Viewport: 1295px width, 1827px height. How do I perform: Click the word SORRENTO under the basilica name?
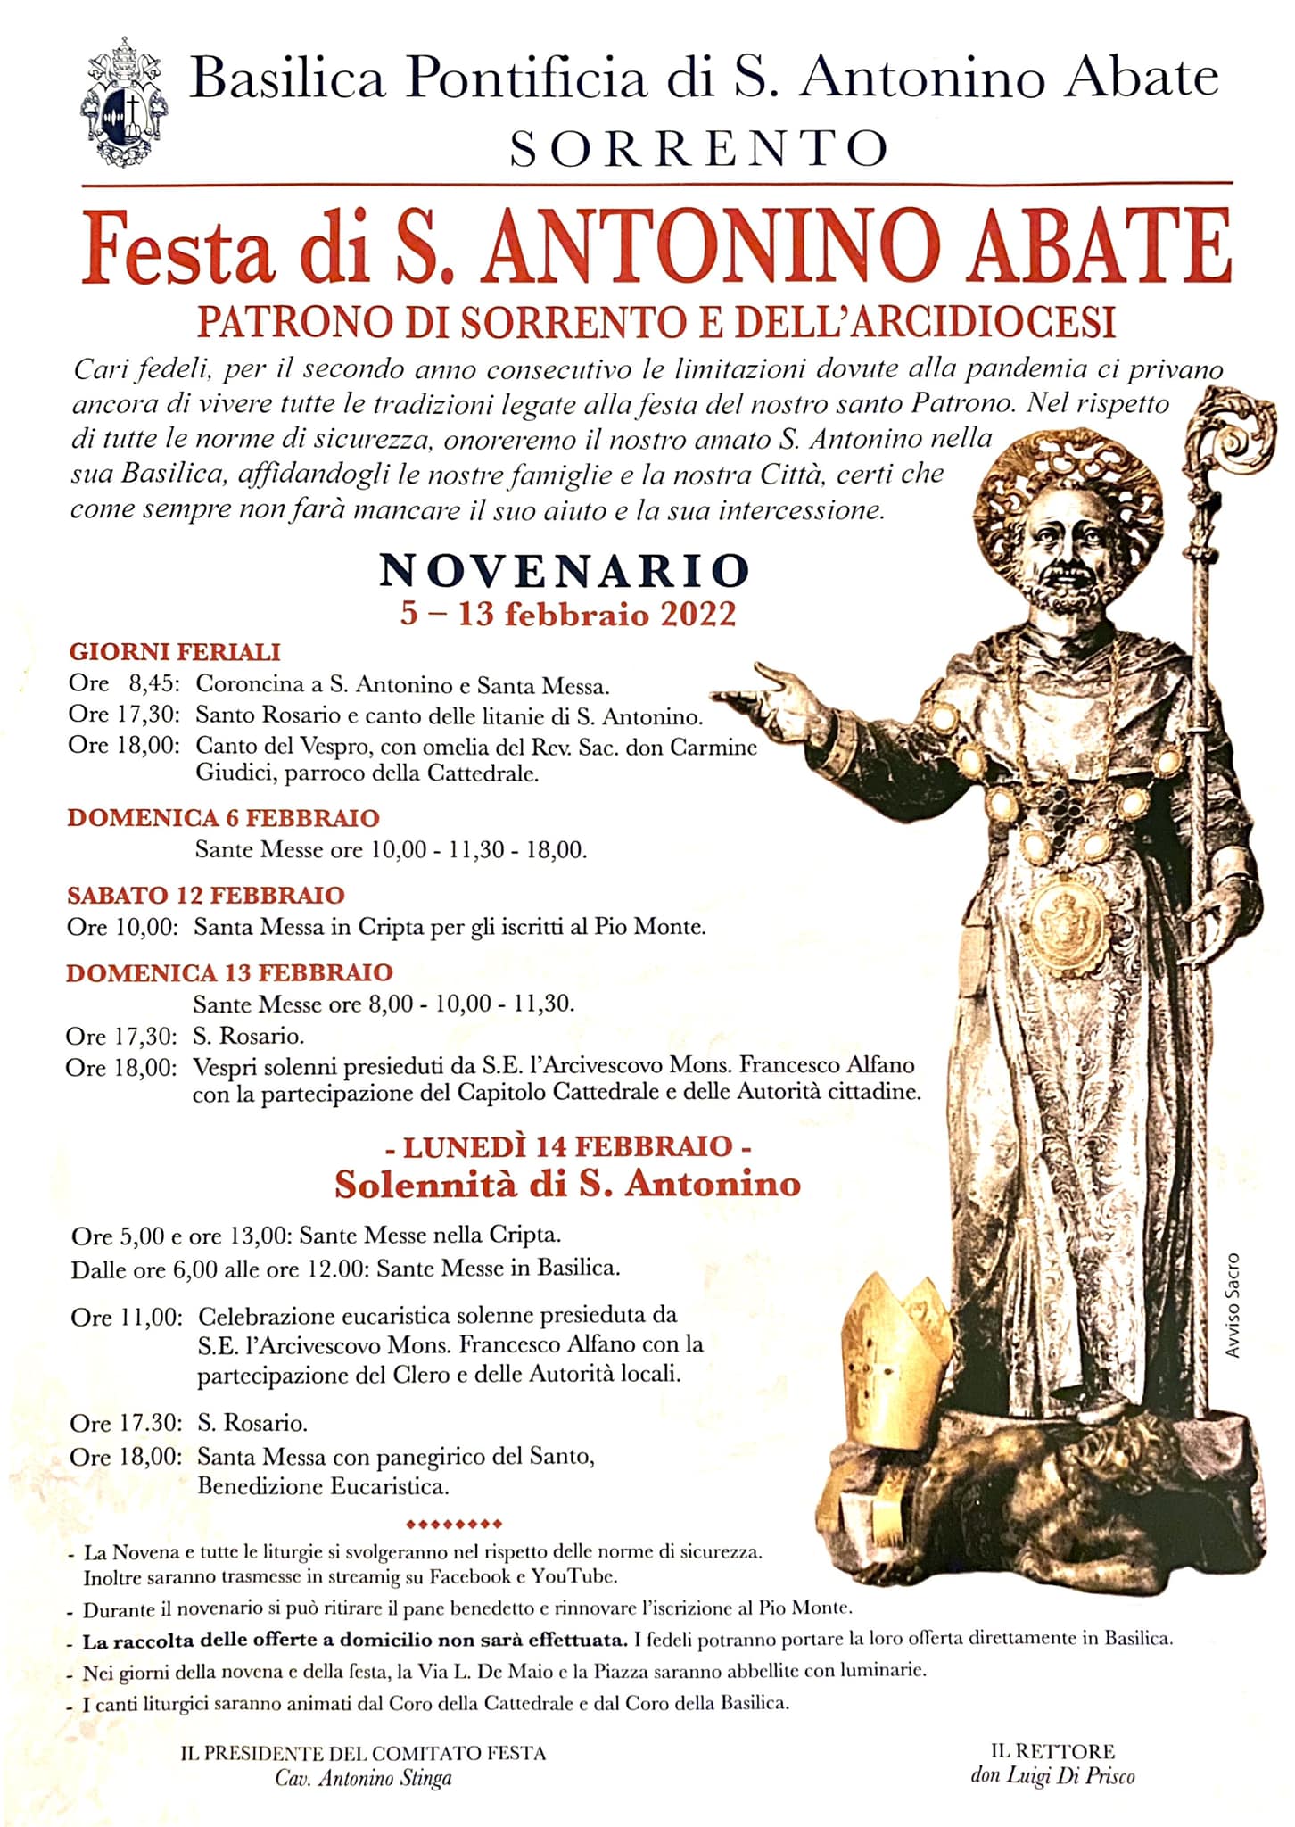click(x=699, y=149)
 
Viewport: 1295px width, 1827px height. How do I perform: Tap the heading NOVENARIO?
click(x=564, y=571)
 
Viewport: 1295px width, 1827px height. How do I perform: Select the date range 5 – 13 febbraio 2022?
click(x=568, y=614)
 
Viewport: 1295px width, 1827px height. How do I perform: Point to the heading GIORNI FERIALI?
click(x=175, y=652)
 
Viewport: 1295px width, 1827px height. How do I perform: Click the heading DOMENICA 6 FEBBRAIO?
click(x=223, y=817)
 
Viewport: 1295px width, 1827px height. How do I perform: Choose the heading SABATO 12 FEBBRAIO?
click(x=206, y=895)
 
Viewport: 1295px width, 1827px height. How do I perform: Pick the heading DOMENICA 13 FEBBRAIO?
click(x=229, y=972)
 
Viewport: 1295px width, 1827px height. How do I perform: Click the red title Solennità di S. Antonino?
click(x=567, y=1184)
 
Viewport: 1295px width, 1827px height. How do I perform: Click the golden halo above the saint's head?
click(x=1069, y=473)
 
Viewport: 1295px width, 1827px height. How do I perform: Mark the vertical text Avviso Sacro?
click(x=1232, y=1305)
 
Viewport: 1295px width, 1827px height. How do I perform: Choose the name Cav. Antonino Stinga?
click(x=363, y=1778)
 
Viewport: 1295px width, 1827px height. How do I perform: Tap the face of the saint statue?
click(x=1070, y=549)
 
